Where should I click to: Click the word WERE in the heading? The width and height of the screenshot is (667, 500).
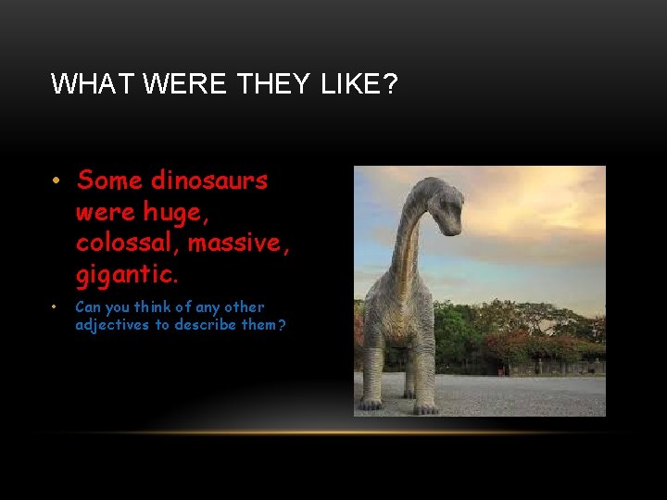point(183,84)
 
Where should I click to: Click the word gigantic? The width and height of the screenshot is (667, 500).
point(126,274)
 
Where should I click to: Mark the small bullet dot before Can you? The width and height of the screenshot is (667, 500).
point(56,307)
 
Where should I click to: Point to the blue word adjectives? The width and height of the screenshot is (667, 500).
point(118,325)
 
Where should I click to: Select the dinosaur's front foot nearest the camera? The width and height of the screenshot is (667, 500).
point(425,406)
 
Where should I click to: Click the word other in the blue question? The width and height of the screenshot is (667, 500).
point(244,306)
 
